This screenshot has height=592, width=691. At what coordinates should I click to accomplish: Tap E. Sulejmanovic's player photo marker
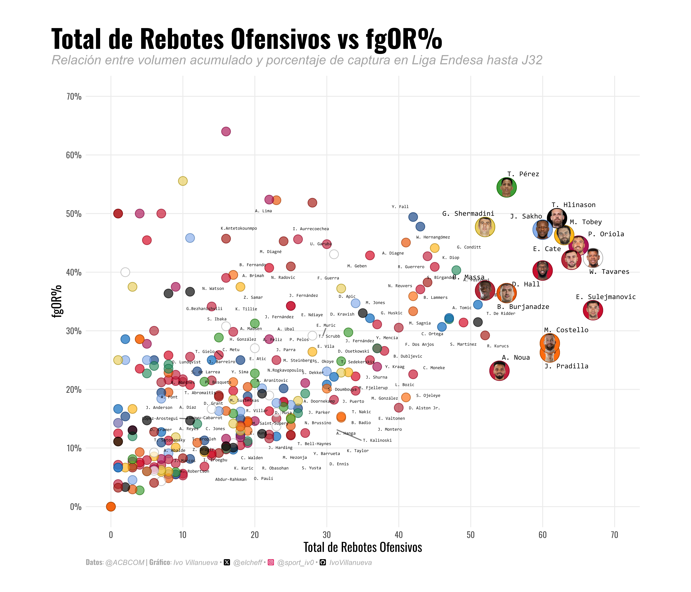tap(593, 310)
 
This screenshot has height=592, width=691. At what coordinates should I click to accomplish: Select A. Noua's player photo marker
tap(499, 371)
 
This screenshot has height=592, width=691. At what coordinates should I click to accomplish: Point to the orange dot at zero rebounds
tap(111, 507)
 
